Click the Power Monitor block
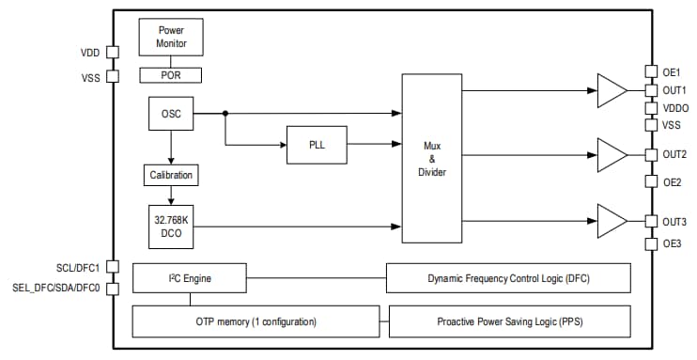tap(170, 37)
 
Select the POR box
tap(170, 73)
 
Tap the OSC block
tap(170, 114)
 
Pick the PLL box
tap(317, 144)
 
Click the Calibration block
tap(170, 175)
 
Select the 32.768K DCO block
tap(170, 226)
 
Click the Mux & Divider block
tap(433, 159)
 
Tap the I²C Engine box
tap(190, 277)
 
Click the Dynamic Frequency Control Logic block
tap(507, 277)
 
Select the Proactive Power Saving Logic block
tap(507, 321)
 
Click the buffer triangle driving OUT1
tap(611, 91)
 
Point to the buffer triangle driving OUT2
tap(611, 153)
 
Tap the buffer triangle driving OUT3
tap(611, 221)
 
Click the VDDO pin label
tap(675, 108)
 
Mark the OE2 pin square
tap(651, 181)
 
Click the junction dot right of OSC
tap(225, 114)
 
